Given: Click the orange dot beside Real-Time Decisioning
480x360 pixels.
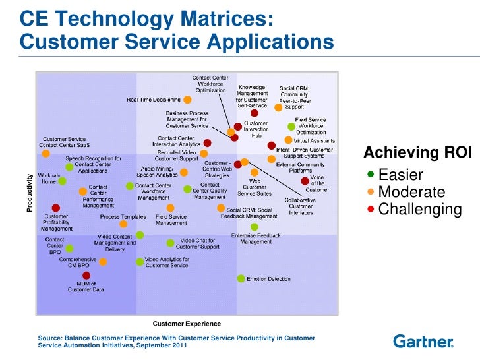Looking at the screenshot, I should (187, 100).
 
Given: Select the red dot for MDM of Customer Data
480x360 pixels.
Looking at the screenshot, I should (86, 275).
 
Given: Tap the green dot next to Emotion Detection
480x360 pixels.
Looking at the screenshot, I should (240, 278).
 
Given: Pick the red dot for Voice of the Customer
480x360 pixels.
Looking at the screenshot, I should (304, 181).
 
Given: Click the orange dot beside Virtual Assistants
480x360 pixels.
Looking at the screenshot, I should (288, 140).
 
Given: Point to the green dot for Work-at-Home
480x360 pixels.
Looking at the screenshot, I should (69, 167).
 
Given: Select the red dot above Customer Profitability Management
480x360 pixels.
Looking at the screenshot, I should (56, 207).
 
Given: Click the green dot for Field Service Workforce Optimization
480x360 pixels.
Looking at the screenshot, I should (291, 126).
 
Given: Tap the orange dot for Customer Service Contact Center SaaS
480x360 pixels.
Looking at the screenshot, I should (45, 153).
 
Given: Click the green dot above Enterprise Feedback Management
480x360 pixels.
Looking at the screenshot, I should (254, 227).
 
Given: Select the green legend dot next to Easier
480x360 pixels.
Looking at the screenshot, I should (371, 175).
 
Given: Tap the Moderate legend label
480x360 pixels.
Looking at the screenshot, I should (411, 193).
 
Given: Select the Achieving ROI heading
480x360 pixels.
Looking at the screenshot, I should (417, 154).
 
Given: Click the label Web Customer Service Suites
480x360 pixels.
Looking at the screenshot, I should (255, 187).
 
